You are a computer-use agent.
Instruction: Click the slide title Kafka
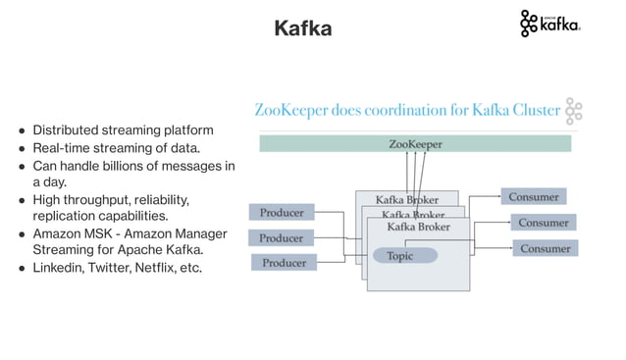pos(302,28)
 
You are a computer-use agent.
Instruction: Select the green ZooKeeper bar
pos(414,144)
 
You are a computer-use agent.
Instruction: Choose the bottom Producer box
pos(284,262)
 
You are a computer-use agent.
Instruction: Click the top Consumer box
pos(533,197)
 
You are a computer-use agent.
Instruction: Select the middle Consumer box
pos(543,223)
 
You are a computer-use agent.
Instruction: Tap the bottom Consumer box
pos(545,248)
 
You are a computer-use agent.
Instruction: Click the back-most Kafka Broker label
pos(406,200)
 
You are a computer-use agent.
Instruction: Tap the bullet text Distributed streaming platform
pos(123,129)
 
